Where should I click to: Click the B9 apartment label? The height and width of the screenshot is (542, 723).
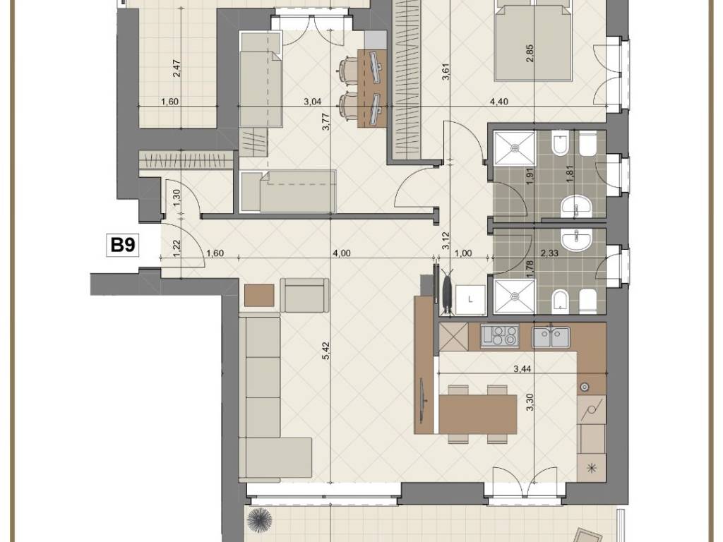123,245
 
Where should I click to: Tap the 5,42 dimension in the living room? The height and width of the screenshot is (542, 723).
326,351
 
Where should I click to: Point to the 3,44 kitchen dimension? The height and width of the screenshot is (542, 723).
522,368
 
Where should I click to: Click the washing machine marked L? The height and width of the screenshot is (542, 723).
470,299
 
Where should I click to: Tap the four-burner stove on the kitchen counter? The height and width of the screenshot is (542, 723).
500,335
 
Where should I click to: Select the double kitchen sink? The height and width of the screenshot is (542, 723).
551,337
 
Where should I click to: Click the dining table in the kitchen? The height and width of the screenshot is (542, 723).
478,412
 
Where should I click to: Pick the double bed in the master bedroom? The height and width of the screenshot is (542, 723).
534,40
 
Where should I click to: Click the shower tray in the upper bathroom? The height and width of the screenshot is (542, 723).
514,147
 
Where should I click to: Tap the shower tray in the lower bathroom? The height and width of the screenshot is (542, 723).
514,296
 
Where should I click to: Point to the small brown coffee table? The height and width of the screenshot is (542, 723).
259,296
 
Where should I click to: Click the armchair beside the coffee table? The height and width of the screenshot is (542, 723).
305,296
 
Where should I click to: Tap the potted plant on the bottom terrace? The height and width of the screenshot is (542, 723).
260,520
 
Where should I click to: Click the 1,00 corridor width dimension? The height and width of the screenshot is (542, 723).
463,253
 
